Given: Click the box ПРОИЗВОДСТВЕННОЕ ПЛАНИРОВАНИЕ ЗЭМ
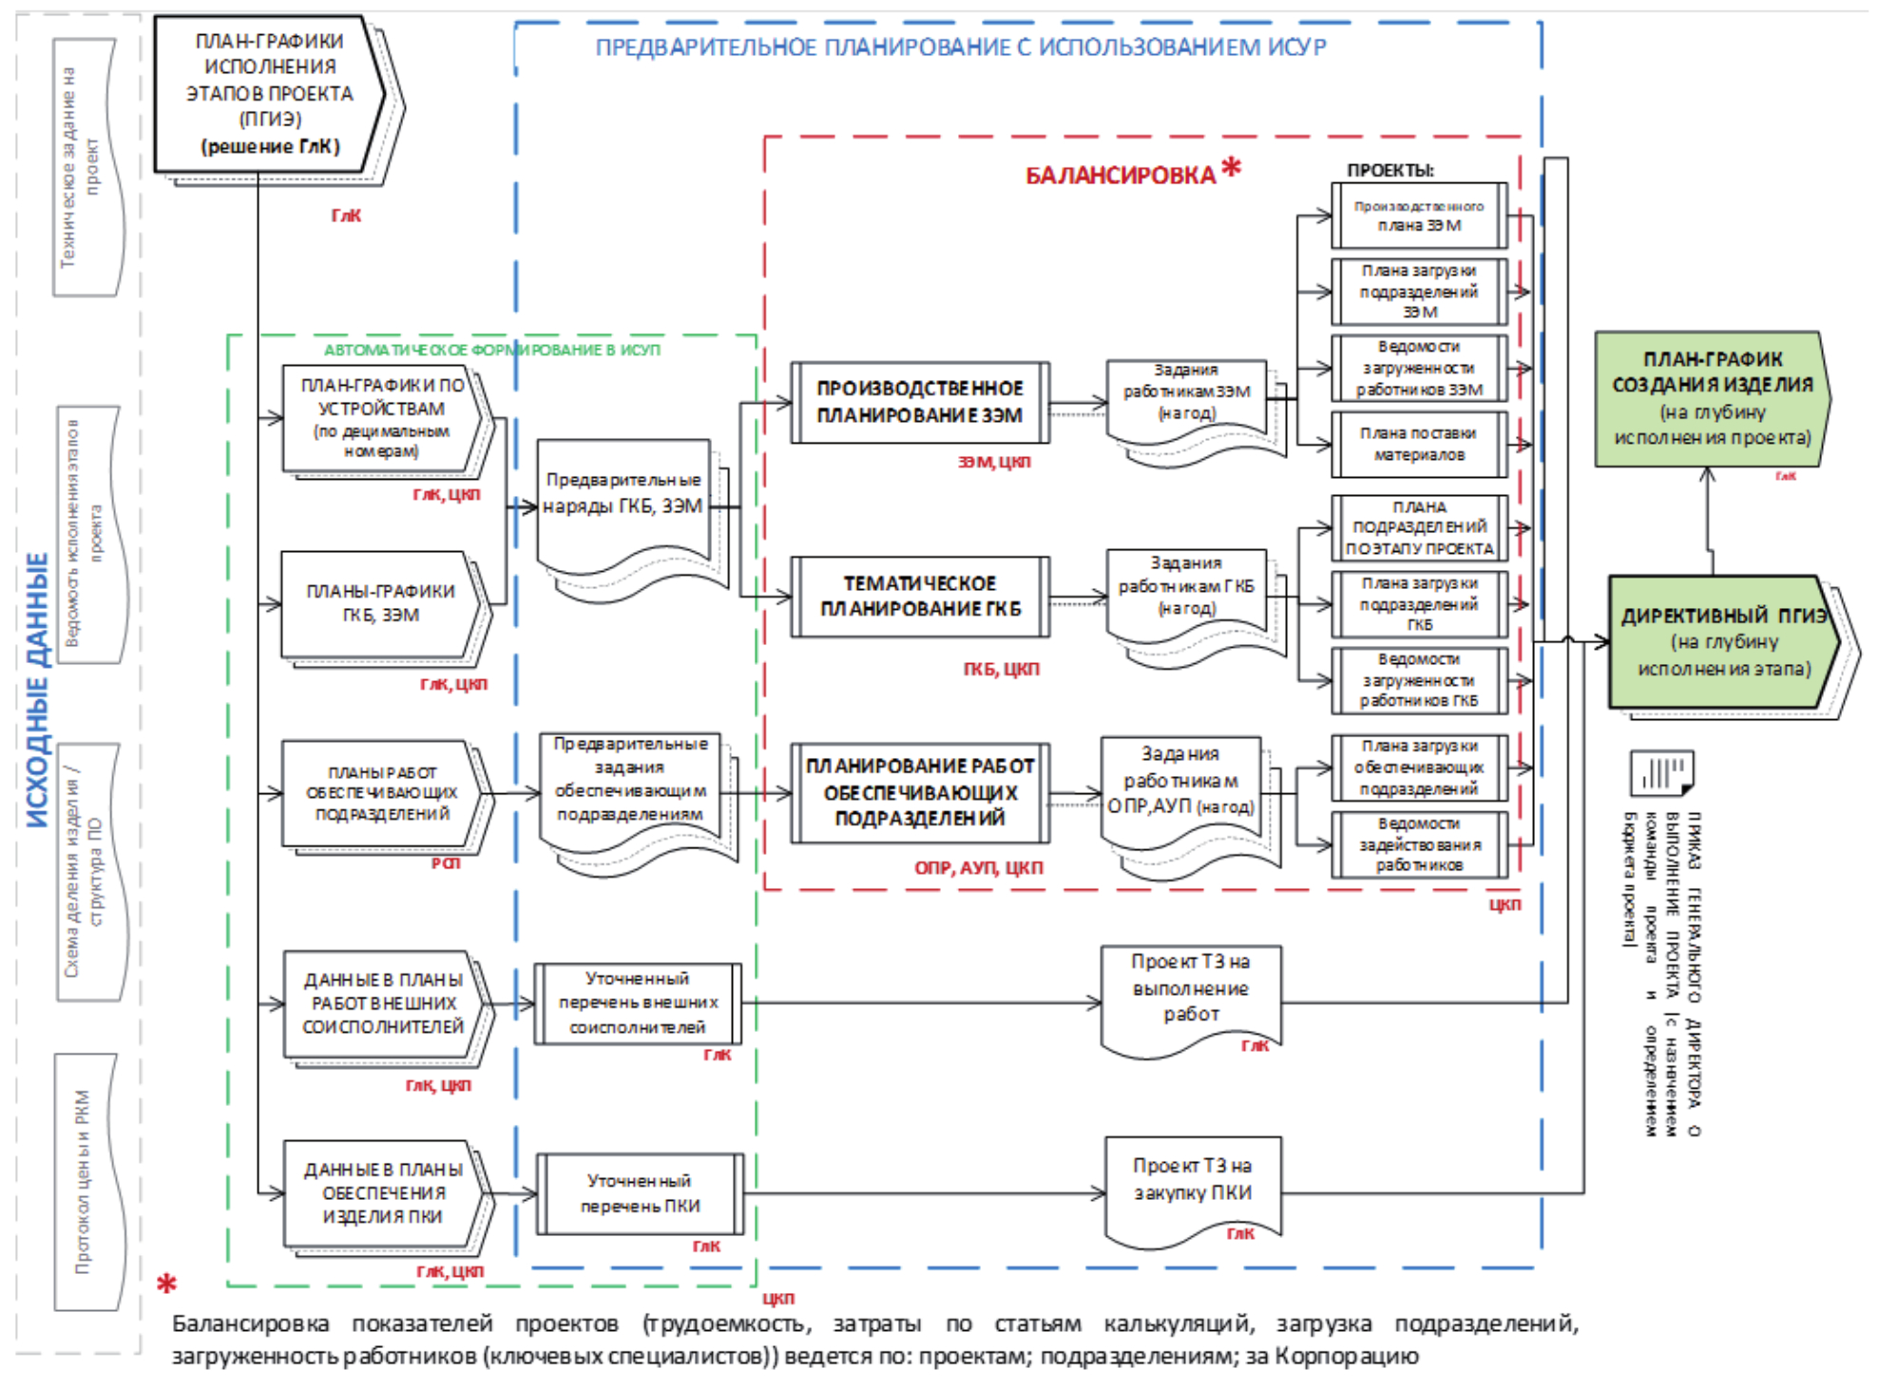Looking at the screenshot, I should pos(919,402).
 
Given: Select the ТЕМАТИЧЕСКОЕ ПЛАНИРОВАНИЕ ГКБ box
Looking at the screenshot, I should pos(919,596).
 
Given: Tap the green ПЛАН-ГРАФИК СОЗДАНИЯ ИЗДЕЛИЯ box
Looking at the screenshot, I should pos(1711,399).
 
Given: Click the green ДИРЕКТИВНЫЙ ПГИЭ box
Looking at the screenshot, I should pos(1722,641).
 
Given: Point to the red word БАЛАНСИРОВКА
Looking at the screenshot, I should pos(1120,176).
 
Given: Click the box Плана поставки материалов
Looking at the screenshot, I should pos(1418,444).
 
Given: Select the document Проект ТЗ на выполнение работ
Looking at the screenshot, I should pos(1190,993).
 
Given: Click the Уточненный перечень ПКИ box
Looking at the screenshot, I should pos(640,1193).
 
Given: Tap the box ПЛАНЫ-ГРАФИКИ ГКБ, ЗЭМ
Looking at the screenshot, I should pos(380,603).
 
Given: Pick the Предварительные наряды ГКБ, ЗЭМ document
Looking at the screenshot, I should pos(623,499).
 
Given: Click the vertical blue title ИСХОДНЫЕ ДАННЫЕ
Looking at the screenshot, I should pos(37,689).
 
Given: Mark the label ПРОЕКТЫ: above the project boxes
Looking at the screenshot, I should pos(1390,170).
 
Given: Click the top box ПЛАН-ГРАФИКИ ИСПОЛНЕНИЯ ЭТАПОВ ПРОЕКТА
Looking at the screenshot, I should pos(269,93).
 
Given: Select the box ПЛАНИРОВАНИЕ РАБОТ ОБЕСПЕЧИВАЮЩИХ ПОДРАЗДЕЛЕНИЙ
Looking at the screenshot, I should pos(919,792).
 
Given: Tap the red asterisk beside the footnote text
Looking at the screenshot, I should pos(167,1285).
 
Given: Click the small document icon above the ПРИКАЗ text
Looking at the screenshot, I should pos(1660,772).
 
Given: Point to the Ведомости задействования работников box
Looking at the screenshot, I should pos(1418,844).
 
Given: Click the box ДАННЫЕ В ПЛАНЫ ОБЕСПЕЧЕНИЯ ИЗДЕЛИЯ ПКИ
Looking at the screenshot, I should pos(382,1192).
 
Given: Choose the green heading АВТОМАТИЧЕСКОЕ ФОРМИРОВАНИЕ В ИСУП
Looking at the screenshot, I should pos(491,350).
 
